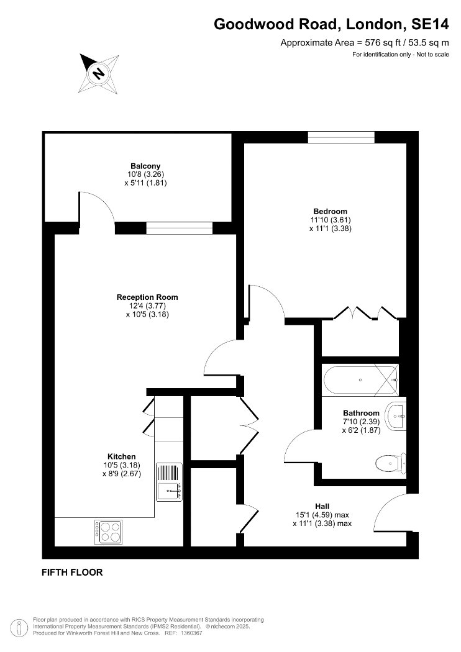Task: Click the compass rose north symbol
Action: tap(99, 74)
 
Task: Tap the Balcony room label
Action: tap(145, 166)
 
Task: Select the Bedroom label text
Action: tap(331, 211)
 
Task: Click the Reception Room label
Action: tap(147, 297)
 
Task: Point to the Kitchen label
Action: tap(122, 456)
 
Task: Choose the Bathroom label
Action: tap(361, 413)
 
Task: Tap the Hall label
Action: tap(322, 506)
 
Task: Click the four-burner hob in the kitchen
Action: tap(108, 532)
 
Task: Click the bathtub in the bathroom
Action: tap(361, 381)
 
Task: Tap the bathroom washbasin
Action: tap(396, 416)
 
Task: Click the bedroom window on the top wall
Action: tap(341, 137)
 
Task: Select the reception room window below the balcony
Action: tap(180, 228)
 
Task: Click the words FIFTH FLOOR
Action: tap(72, 572)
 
